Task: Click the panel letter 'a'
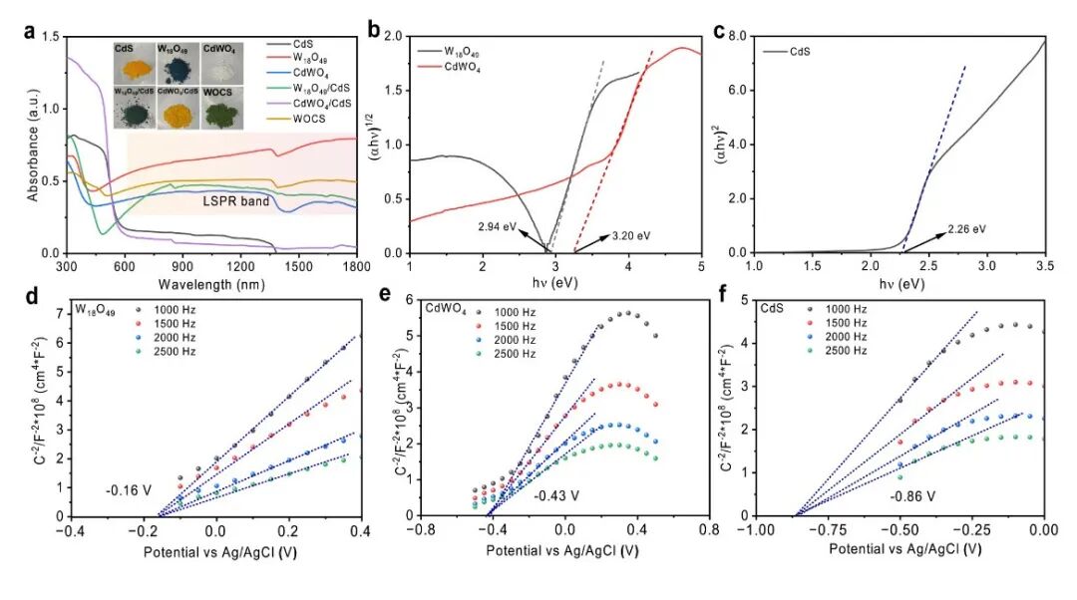tap(30, 31)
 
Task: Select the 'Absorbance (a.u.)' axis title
tap(34, 146)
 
